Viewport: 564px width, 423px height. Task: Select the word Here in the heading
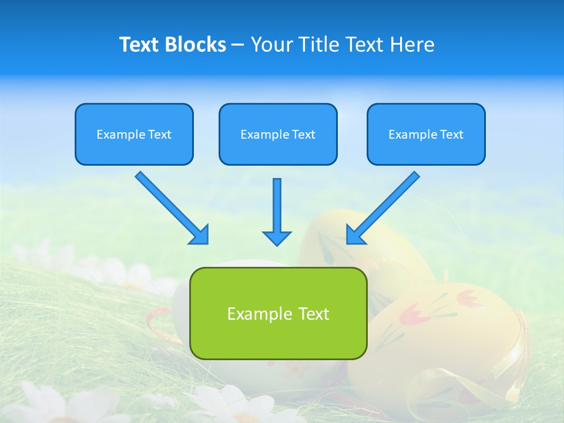[x=413, y=45]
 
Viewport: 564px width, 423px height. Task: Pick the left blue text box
[x=134, y=135]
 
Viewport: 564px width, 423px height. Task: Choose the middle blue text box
[x=278, y=135]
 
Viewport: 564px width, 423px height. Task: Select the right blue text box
[x=426, y=135]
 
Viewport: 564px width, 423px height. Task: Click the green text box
[x=278, y=313]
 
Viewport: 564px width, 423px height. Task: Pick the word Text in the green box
[x=313, y=314]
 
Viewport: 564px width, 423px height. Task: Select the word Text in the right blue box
[x=452, y=135]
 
